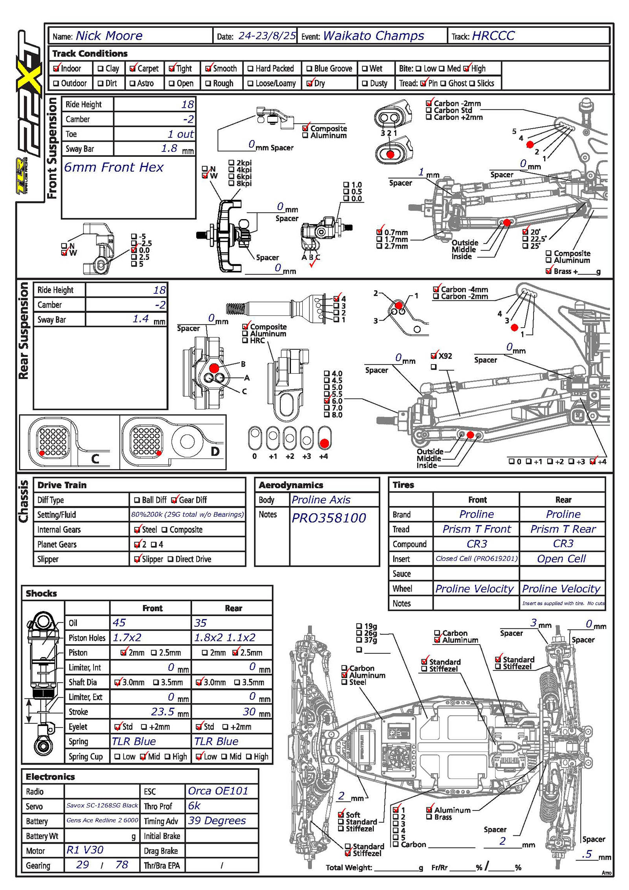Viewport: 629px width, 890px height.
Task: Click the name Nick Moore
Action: tap(109, 36)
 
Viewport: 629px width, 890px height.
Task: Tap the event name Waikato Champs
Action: tap(373, 36)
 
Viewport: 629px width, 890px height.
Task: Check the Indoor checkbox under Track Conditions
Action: tap(56, 68)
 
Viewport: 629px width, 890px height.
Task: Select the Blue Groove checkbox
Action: tap(309, 69)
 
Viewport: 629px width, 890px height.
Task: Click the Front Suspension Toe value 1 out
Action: tap(180, 134)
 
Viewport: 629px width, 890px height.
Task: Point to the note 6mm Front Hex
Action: tap(113, 168)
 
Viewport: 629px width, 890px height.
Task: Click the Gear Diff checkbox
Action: tap(174, 500)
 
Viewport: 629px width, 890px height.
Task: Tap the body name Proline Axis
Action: tap(321, 500)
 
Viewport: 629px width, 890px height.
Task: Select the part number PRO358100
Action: tap(329, 518)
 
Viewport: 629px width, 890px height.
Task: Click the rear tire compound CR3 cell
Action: tap(563, 544)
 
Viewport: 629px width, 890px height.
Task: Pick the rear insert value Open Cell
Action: tap(561, 559)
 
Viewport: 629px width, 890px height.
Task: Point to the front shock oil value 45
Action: tap(119, 623)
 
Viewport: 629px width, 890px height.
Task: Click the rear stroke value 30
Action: tap(249, 712)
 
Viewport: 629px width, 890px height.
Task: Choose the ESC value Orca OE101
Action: tap(218, 791)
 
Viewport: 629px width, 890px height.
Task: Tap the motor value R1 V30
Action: tap(85, 850)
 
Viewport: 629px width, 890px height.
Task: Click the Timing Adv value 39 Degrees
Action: tap(217, 820)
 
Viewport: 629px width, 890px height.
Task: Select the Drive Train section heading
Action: tap(62, 485)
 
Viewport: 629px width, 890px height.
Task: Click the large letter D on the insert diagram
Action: tap(215, 451)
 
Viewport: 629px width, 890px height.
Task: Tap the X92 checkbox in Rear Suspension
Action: tap(434, 356)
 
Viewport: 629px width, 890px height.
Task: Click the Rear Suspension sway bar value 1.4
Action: tap(140, 319)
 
